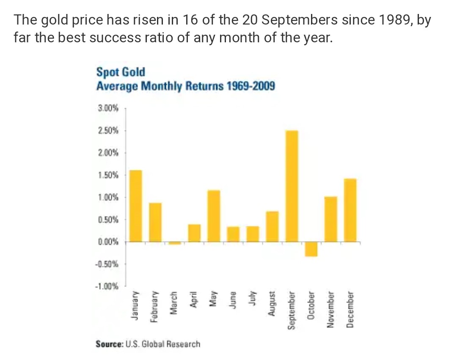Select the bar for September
292,186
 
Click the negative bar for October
311,249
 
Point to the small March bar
174,243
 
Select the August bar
272,226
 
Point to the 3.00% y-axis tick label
108,109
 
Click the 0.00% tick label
108,242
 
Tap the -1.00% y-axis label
107,286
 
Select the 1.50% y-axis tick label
108,175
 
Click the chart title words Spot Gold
121,72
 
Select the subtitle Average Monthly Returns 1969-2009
186,86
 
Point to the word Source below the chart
108,344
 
